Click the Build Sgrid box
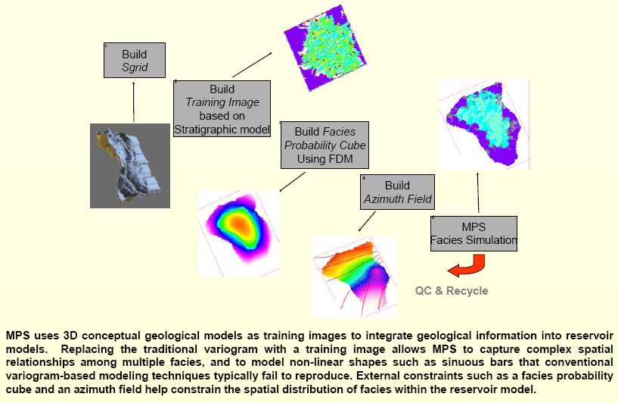pyautogui.click(x=135, y=60)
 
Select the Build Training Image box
pyautogui.click(x=222, y=109)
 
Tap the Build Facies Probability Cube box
pyautogui.click(x=325, y=145)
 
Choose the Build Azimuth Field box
pyautogui.click(x=397, y=192)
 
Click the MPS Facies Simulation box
pyautogui.click(x=474, y=233)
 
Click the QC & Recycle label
pyautogui.click(x=452, y=291)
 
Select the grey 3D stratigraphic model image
pyautogui.click(x=130, y=166)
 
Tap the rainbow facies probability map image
pyautogui.click(x=239, y=233)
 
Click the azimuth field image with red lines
pyautogui.click(x=354, y=276)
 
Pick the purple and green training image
pyautogui.click(x=325, y=48)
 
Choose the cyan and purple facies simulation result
pyautogui.click(x=484, y=125)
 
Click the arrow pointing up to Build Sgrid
pyautogui.click(x=134, y=102)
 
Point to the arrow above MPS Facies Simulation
pyautogui.click(x=478, y=192)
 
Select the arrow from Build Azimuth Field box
pyautogui.click(x=367, y=221)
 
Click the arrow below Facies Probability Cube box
pyautogui.click(x=293, y=182)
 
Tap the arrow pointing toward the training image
pyautogui.click(x=252, y=64)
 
